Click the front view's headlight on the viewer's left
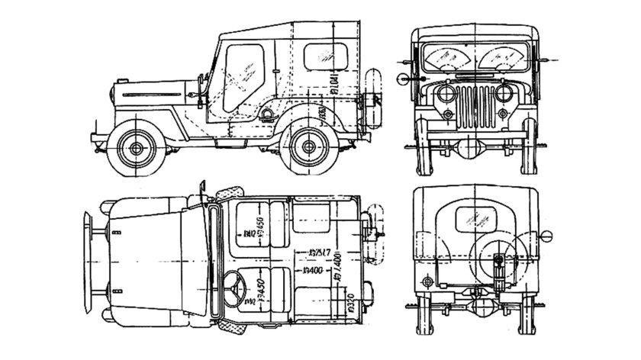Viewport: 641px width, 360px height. pos(442,95)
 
